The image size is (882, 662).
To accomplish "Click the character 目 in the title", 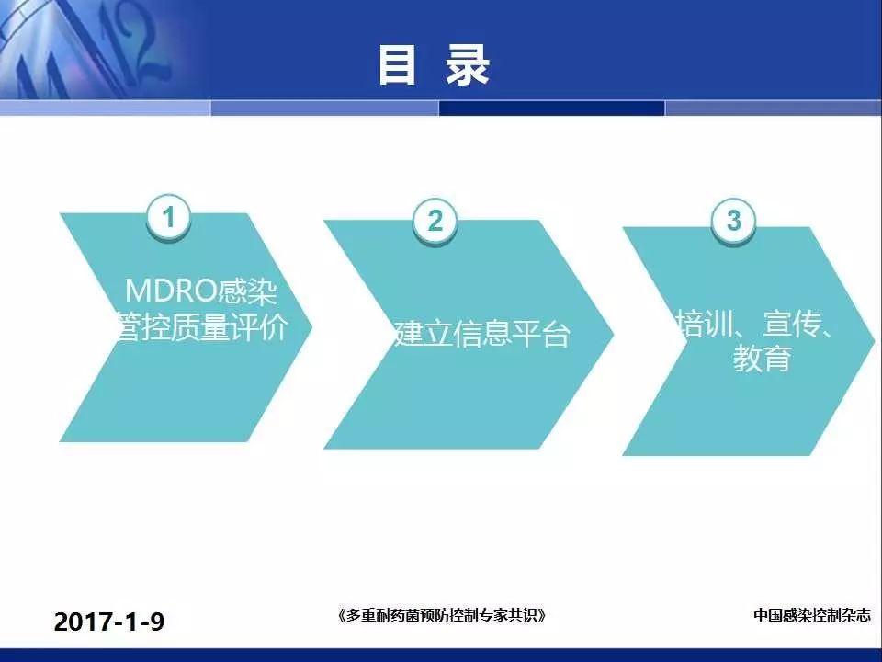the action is coord(397,65).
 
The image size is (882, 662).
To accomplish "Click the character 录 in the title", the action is coord(468,65).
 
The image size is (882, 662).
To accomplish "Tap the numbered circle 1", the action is coord(169,217).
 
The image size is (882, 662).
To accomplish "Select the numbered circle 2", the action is coord(435,221).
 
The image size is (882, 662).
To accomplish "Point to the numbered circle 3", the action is coord(733,221).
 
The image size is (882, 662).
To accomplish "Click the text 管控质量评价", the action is coord(201,327).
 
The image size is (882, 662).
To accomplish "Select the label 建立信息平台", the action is coord(481,334).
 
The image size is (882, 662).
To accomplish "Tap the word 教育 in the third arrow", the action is coord(763,358).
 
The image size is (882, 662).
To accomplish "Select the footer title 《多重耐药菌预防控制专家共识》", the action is coord(442,615).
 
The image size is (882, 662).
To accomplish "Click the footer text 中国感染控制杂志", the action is coord(811,615).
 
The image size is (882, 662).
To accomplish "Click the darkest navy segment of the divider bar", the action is coord(552,108).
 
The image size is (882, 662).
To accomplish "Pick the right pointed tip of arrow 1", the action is coord(311,327).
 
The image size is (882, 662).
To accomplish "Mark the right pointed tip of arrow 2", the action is coord(613,335).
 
